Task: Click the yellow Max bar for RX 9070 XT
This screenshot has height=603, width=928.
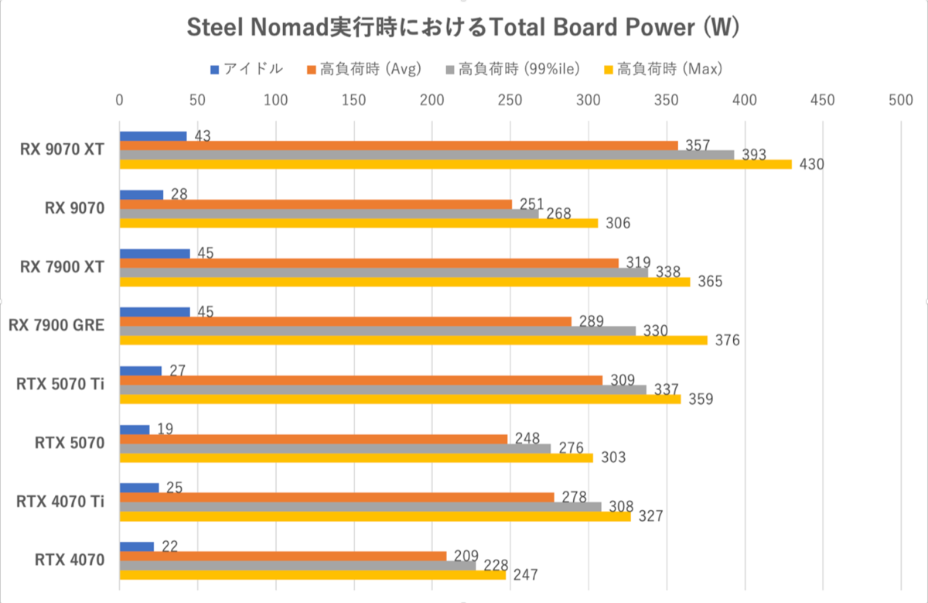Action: pyautogui.click(x=456, y=164)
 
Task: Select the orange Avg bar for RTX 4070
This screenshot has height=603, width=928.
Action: pyautogui.click(x=283, y=556)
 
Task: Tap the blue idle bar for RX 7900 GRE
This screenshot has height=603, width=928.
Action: pyautogui.click(x=155, y=312)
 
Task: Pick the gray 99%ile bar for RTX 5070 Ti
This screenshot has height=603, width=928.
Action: pyautogui.click(x=383, y=389)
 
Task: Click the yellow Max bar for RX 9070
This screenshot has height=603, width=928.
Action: pyautogui.click(x=359, y=223)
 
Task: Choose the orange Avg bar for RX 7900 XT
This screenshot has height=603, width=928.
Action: pyautogui.click(x=369, y=263)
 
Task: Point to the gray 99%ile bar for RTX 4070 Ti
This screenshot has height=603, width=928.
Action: pyautogui.click(x=360, y=507)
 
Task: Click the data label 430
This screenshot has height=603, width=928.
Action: pyautogui.click(x=812, y=164)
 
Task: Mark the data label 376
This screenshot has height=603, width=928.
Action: pyautogui.click(x=728, y=340)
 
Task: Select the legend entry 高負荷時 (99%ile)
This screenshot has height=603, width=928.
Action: pyautogui.click(x=513, y=70)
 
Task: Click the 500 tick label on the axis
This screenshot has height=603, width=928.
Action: pyautogui.click(x=901, y=100)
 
